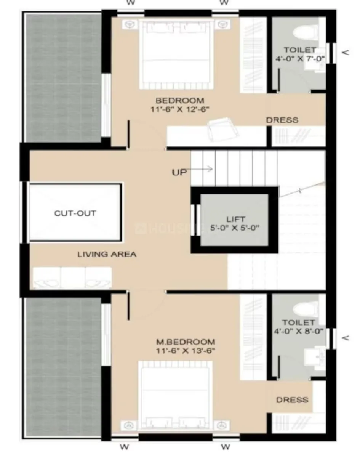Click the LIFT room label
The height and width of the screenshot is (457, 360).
[235, 220]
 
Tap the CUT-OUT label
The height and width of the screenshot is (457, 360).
[75, 213]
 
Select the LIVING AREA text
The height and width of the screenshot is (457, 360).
[107, 254]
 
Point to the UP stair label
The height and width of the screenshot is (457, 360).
[179, 172]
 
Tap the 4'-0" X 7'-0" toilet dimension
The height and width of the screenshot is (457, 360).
[300, 59]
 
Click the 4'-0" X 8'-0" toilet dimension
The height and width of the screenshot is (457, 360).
[300, 331]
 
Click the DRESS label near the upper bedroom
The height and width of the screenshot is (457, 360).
[282, 120]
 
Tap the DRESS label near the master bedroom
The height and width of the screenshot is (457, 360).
[292, 400]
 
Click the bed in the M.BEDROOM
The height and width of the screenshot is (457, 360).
[175, 396]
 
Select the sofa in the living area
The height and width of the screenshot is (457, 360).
[72, 277]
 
